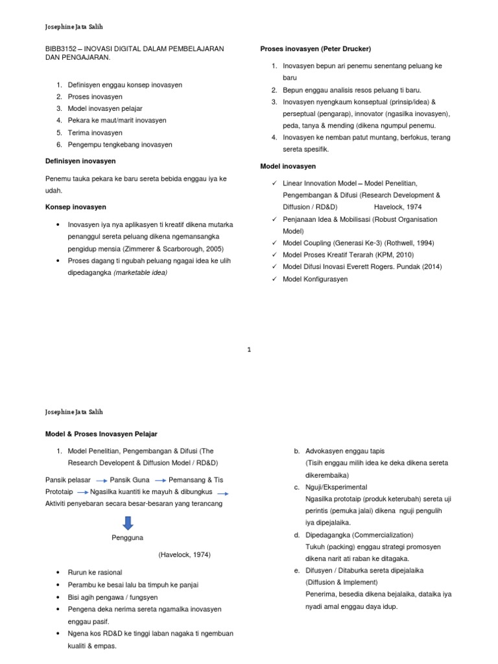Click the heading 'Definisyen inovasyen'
coord(80,161)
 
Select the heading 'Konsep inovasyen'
coord(76,207)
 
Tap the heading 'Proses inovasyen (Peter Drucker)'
coord(315,49)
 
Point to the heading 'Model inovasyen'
coord(288,167)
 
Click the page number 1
coord(249,350)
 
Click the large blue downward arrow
coord(128,523)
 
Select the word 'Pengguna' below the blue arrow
coord(128,538)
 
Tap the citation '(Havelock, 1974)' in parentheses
coord(184,555)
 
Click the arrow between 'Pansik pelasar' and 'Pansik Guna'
coord(101,480)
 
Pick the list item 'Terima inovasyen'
coord(95,132)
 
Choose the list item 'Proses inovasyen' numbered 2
coord(95,97)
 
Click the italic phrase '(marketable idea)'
coord(140,272)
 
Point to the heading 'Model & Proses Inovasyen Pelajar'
coord(101,434)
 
